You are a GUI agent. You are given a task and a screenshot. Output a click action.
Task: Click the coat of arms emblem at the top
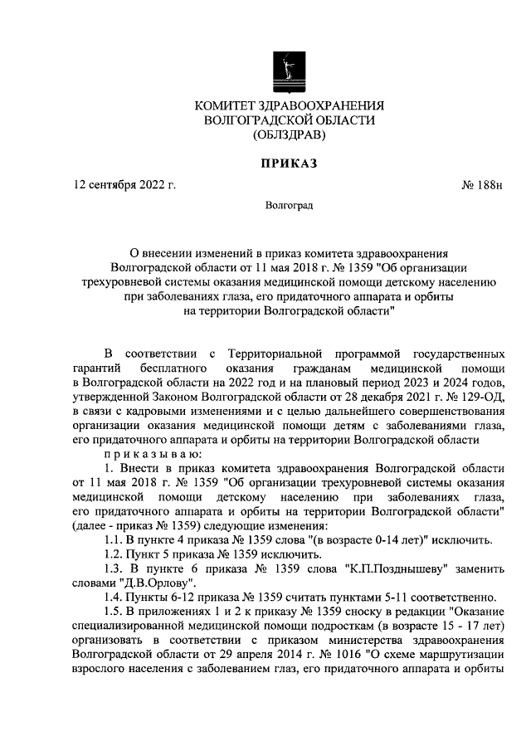tap(288, 69)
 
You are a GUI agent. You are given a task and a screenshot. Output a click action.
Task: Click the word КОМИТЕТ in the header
tap(228, 105)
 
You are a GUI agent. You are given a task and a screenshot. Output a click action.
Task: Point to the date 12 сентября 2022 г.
tap(124, 185)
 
